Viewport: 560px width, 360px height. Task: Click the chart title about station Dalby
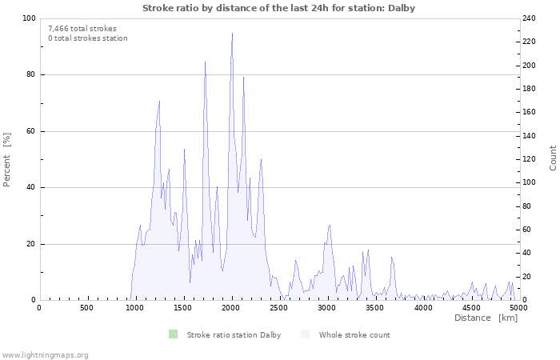coord(278,8)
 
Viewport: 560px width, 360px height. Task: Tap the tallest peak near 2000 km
coord(232,34)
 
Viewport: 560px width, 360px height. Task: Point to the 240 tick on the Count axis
coord(530,18)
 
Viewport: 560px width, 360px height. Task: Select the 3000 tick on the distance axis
coord(326,308)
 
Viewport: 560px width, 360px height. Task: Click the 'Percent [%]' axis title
coord(7,159)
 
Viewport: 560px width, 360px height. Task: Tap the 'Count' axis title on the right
coord(553,158)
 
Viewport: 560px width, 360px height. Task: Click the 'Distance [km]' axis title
coord(486,318)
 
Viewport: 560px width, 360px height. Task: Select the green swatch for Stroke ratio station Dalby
coord(173,334)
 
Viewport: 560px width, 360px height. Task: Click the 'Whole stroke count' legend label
coord(354,335)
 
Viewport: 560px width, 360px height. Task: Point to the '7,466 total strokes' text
coord(82,29)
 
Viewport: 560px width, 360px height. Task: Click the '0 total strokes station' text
coord(87,38)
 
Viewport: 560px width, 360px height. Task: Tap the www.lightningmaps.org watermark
coord(45,354)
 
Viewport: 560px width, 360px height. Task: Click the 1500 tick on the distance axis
coord(182,308)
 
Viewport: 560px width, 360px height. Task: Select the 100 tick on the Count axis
coord(530,182)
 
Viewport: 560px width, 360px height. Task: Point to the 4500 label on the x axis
coord(470,308)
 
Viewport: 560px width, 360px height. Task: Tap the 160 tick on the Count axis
coord(530,112)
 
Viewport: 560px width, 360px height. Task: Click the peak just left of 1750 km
coord(205,62)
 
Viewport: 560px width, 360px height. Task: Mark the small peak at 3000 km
coord(329,226)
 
